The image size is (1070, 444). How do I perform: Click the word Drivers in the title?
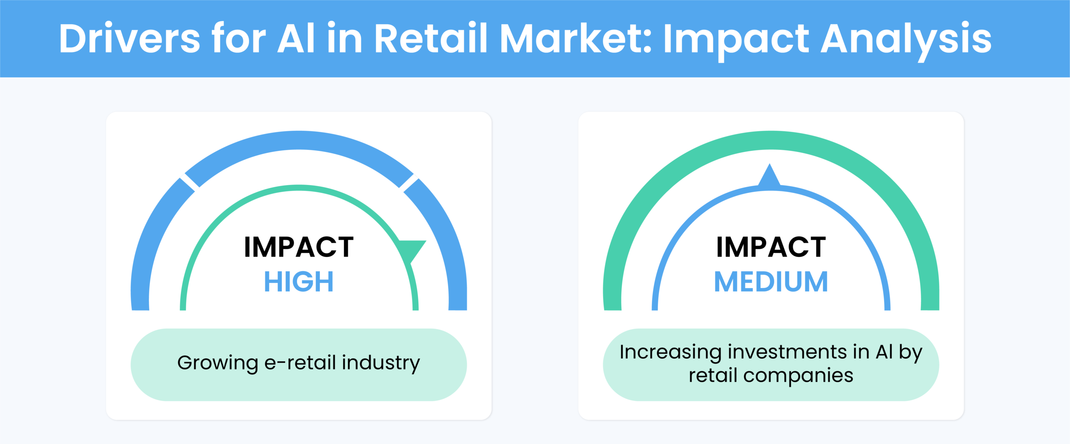point(130,38)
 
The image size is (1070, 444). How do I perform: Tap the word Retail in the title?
point(431,38)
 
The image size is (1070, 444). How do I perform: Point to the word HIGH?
point(299,282)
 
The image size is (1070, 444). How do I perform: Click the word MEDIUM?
point(771,282)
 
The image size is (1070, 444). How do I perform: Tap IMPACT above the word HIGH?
point(299,247)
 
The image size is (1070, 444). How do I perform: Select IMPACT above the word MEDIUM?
point(771,247)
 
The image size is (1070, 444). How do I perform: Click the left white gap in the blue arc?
point(189,182)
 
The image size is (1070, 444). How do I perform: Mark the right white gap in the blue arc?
point(409,182)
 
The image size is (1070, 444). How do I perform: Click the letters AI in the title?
point(296,38)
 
